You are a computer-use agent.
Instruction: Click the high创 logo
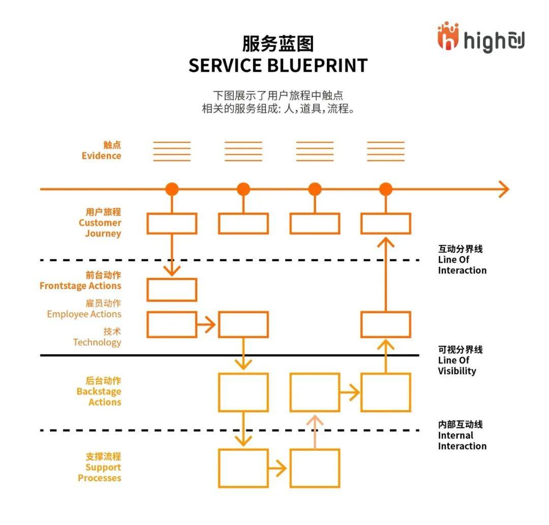coord(480,38)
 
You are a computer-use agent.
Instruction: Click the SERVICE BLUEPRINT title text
coord(278,66)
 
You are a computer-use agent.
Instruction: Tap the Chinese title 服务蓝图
coord(278,43)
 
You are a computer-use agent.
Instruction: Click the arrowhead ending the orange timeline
coord(503,189)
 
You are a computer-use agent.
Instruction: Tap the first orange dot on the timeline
coord(172,189)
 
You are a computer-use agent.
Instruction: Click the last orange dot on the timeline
coord(386,189)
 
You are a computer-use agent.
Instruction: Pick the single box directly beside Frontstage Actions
coord(172,290)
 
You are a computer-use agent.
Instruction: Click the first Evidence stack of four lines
coord(172,151)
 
